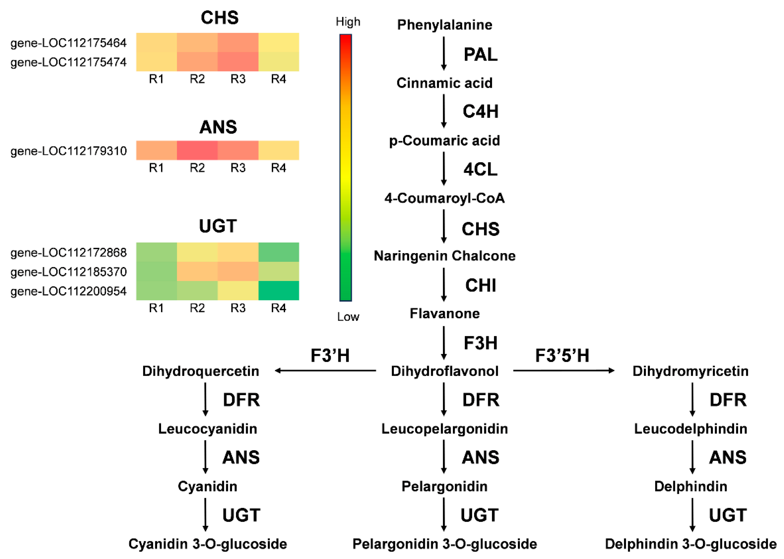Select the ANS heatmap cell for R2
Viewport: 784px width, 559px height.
pos(197,150)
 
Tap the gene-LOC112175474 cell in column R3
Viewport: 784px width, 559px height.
pos(238,62)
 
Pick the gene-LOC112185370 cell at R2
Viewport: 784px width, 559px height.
pos(197,271)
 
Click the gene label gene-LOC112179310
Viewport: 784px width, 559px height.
pos(69,151)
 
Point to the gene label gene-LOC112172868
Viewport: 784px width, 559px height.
pos(69,252)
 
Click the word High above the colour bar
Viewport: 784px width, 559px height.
pos(348,22)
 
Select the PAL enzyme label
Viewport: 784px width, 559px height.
pos(480,54)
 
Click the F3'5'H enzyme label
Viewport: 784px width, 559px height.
pos(562,355)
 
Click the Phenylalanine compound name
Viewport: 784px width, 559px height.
pos(444,25)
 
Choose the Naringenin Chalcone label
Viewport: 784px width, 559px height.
pos(444,256)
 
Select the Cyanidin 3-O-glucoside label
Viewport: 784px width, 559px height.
pos(207,544)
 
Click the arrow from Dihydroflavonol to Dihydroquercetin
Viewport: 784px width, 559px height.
pos(325,371)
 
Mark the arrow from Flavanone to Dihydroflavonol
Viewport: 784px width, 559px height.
pos(444,342)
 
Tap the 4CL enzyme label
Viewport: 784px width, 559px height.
pos(480,169)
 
